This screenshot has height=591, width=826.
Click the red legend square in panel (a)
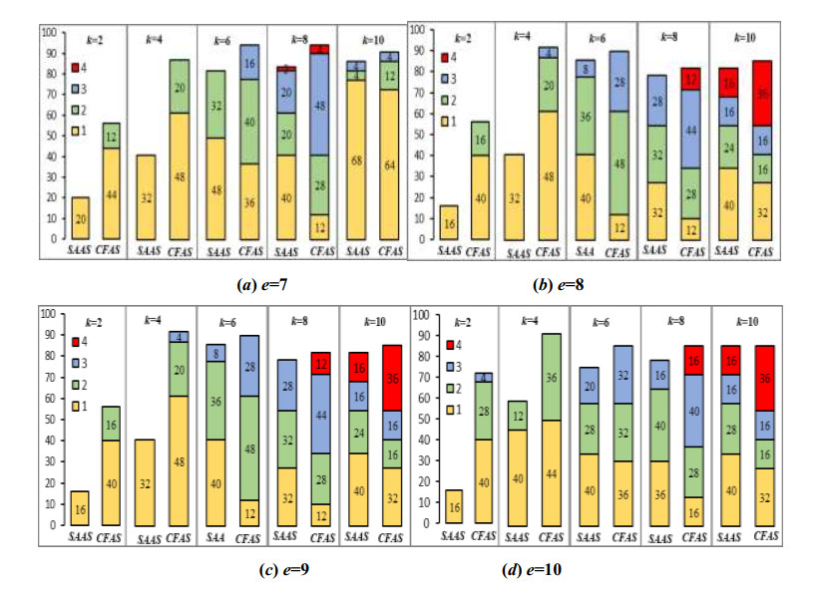pos(74,69)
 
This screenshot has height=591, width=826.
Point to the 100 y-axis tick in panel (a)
pos(47,30)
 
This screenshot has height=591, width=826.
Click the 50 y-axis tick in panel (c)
pos(48,419)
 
